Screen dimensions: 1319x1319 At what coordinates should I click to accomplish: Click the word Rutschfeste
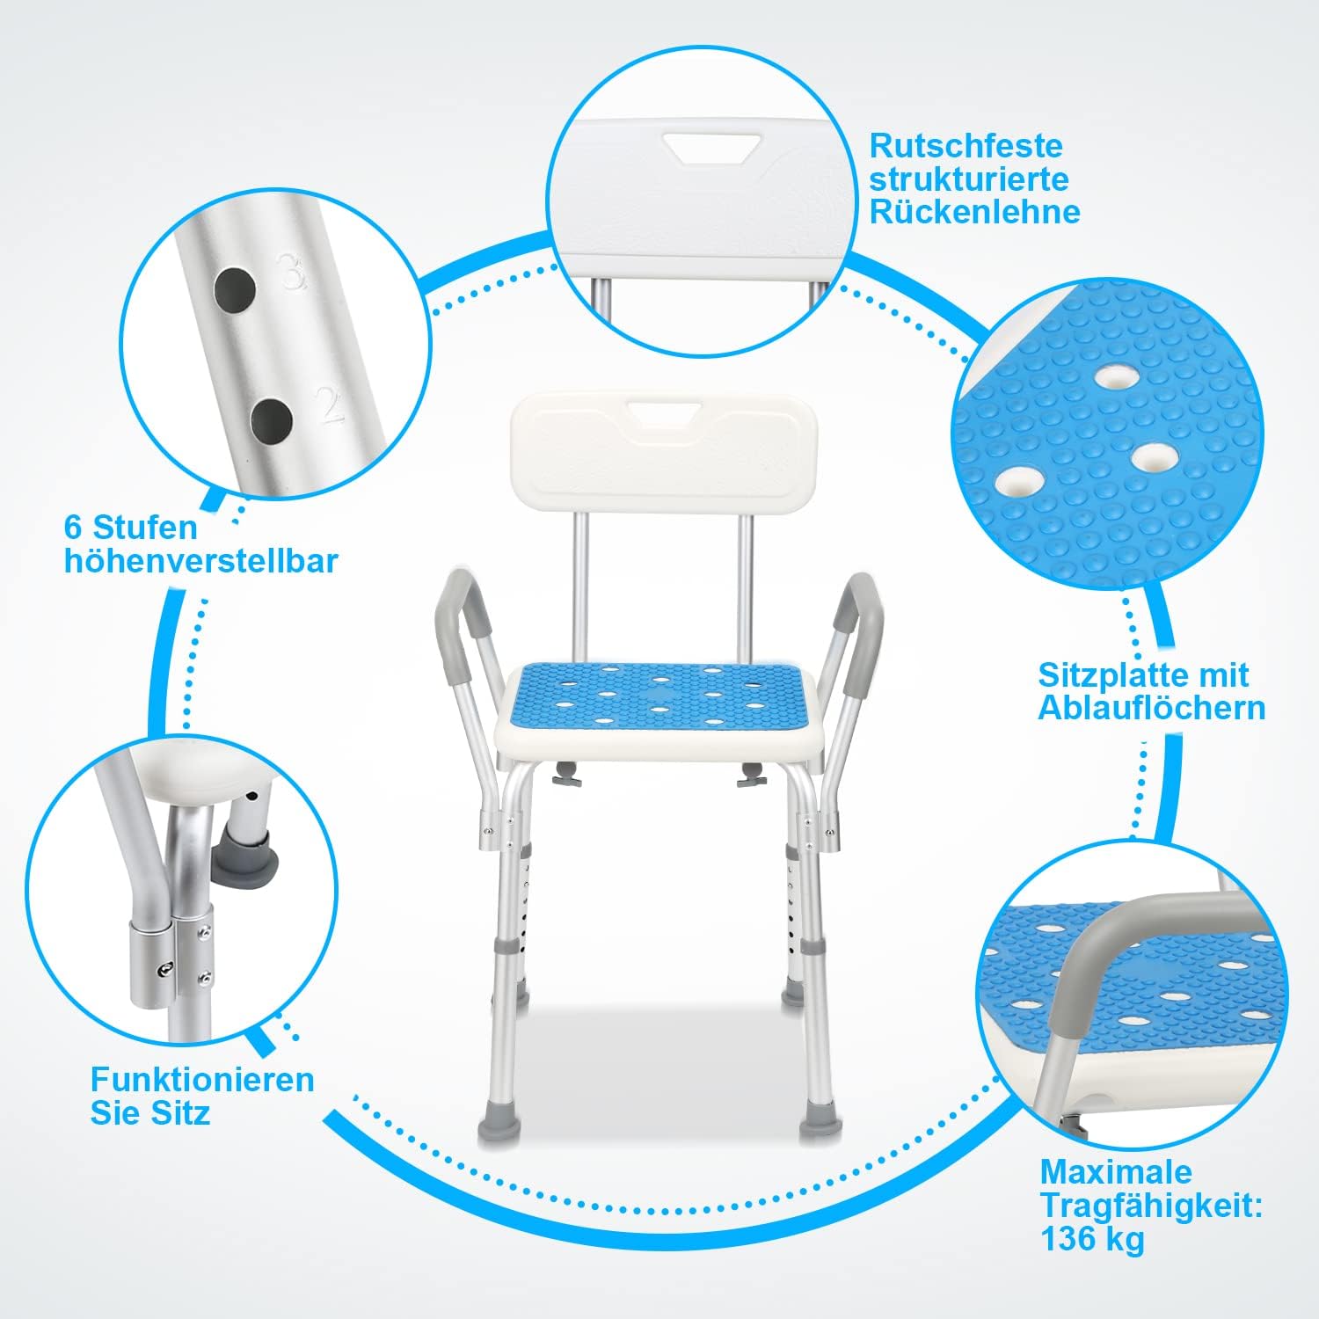966,145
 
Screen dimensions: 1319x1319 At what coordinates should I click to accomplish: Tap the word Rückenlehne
975,212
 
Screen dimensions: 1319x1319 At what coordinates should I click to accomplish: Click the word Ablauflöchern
1152,708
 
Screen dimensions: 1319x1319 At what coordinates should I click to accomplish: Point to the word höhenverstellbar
201,561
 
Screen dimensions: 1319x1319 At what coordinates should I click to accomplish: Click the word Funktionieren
202,1079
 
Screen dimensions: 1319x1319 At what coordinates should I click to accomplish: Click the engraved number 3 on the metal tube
292,272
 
